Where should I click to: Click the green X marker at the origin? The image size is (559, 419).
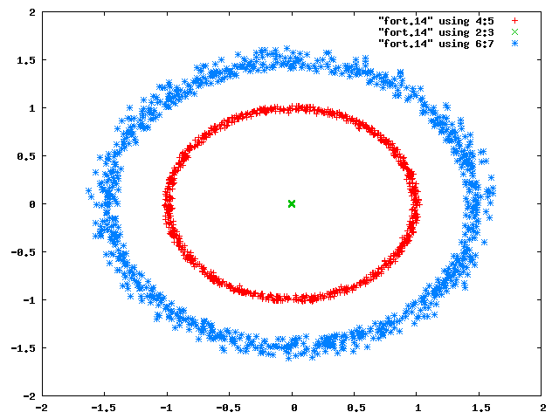[x=292, y=203]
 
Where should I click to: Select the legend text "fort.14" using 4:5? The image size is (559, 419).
[x=436, y=21]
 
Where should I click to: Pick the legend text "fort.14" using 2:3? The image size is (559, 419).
[x=436, y=32]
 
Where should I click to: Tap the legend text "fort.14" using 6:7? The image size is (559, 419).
[x=436, y=44]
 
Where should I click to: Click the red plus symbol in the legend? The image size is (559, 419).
[x=514, y=21]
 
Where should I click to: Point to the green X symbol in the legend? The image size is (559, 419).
[x=514, y=32]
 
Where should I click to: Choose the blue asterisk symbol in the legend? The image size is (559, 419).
[x=514, y=44]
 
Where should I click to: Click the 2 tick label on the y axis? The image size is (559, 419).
[x=32, y=12]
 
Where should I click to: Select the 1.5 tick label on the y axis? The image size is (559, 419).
[x=26, y=60]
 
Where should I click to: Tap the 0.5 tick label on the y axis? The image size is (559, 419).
[x=26, y=156]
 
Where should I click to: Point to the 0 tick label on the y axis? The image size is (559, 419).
[x=32, y=204]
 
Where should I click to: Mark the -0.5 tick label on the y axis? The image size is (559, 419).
[x=24, y=252]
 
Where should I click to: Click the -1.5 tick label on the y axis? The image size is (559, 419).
[x=24, y=348]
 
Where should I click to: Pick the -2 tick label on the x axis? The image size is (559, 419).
[x=42, y=408]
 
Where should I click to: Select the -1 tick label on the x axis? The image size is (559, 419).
[x=167, y=408]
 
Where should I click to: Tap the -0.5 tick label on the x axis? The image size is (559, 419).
[x=228, y=408]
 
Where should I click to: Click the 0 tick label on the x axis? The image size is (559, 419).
[x=294, y=408]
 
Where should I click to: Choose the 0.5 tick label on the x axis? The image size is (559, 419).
[x=356, y=408]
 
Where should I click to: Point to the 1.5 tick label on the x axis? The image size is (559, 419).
[x=481, y=408]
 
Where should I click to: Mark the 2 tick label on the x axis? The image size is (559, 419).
[x=543, y=408]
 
